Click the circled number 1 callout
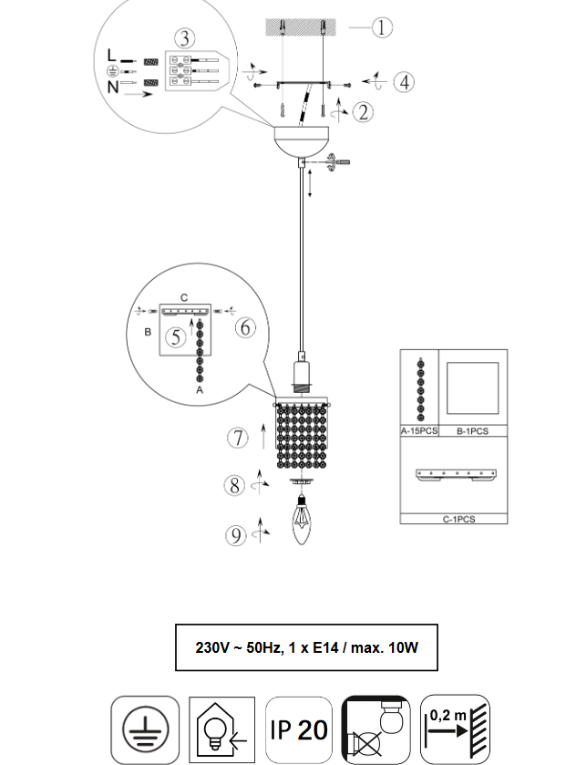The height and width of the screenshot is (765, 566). [382, 27]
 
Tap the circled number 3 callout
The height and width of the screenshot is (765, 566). [184, 38]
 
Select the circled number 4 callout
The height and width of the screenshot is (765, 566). [404, 82]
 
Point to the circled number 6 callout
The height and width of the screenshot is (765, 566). [245, 327]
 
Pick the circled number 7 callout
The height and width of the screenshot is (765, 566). [237, 438]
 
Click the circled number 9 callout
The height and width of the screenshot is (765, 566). [235, 535]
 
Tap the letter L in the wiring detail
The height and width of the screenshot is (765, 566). [111, 55]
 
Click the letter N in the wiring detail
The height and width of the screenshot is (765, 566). [113, 87]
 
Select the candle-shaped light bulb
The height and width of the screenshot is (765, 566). [302, 519]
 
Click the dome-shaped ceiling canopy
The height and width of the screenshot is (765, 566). [302, 141]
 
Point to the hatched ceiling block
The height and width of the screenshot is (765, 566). [301, 27]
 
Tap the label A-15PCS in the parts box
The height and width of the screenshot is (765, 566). [419, 431]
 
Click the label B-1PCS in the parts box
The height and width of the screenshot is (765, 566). [472, 431]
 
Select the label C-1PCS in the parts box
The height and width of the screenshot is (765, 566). [458, 519]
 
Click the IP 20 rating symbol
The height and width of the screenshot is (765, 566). [299, 729]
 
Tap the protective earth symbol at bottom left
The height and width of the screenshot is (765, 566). [145, 729]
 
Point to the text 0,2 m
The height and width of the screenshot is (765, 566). [448, 716]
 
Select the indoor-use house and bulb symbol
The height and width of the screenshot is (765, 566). [221, 729]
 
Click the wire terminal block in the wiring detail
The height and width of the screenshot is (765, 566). [197, 71]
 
